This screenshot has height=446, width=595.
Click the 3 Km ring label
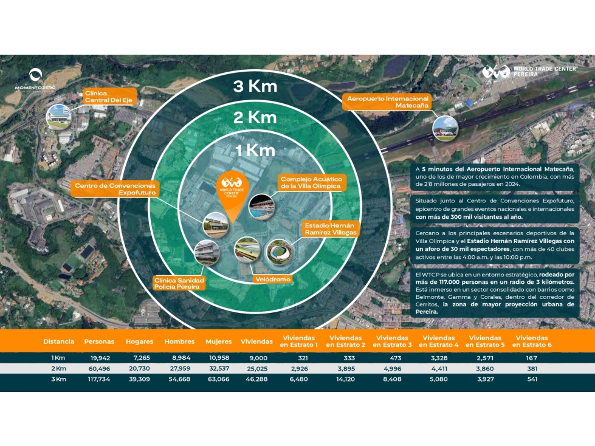pyautogui.click(x=255, y=86)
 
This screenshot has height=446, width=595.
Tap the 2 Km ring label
pyautogui.click(x=255, y=117)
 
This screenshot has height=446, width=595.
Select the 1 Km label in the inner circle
pyautogui.click(x=255, y=151)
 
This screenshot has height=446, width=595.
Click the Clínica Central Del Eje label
pyautogui.click(x=109, y=97)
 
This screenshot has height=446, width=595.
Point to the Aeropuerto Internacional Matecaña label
pyautogui.click(x=387, y=101)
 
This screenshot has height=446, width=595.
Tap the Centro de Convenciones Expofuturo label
pyautogui.click(x=115, y=189)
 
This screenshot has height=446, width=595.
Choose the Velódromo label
pyautogui.click(x=273, y=279)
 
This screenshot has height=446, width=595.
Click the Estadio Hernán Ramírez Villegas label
pyautogui.click(x=330, y=228)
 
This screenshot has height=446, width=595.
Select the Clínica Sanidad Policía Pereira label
pyautogui.click(x=179, y=283)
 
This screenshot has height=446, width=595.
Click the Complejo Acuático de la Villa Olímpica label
pyautogui.click(x=312, y=182)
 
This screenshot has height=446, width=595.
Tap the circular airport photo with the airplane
pyautogui.click(x=445, y=128)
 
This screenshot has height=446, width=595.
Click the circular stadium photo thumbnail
pyautogui.click(x=279, y=252)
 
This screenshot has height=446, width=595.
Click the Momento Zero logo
pyautogui.click(x=35, y=79)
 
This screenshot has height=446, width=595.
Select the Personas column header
pyautogui.click(x=99, y=341)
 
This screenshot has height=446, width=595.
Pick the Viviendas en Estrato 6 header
pyautogui.click(x=532, y=341)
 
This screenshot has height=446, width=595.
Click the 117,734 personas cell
pyautogui.click(x=99, y=379)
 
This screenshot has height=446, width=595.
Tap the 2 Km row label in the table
pyautogui.click(x=58, y=368)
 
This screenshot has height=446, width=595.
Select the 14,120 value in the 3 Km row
pyautogui.click(x=345, y=379)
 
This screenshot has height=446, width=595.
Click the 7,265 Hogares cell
pyautogui.click(x=142, y=358)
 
